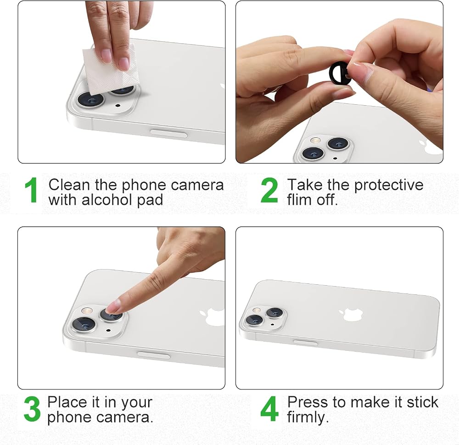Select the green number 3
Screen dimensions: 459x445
pyautogui.click(x=32, y=409)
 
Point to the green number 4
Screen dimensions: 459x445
pyautogui.click(x=269, y=409)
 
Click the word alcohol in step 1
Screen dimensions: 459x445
pyautogui.click(x=107, y=200)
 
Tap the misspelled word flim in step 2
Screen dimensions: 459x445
pyautogui.click(x=299, y=200)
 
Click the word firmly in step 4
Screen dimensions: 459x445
pyautogui.click(x=308, y=417)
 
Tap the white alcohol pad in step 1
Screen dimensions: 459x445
pyautogui.click(x=109, y=70)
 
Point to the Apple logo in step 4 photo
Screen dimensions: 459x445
pyautogui.click(x=351, y=314)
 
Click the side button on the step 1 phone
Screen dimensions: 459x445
pyautogui.click(x=168, y=134)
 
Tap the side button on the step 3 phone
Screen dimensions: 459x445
pyautogui.click(x=154, y=355)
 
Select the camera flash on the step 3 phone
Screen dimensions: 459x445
pyautogui.click(x=87, y=310)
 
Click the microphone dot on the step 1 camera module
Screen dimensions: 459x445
pyautogui.click(x=118, y=105)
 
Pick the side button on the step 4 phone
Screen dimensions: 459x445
pyautogui.click(x=305, y=343)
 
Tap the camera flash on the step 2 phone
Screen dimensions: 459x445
pyautogui.click(x=315, y=140)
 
